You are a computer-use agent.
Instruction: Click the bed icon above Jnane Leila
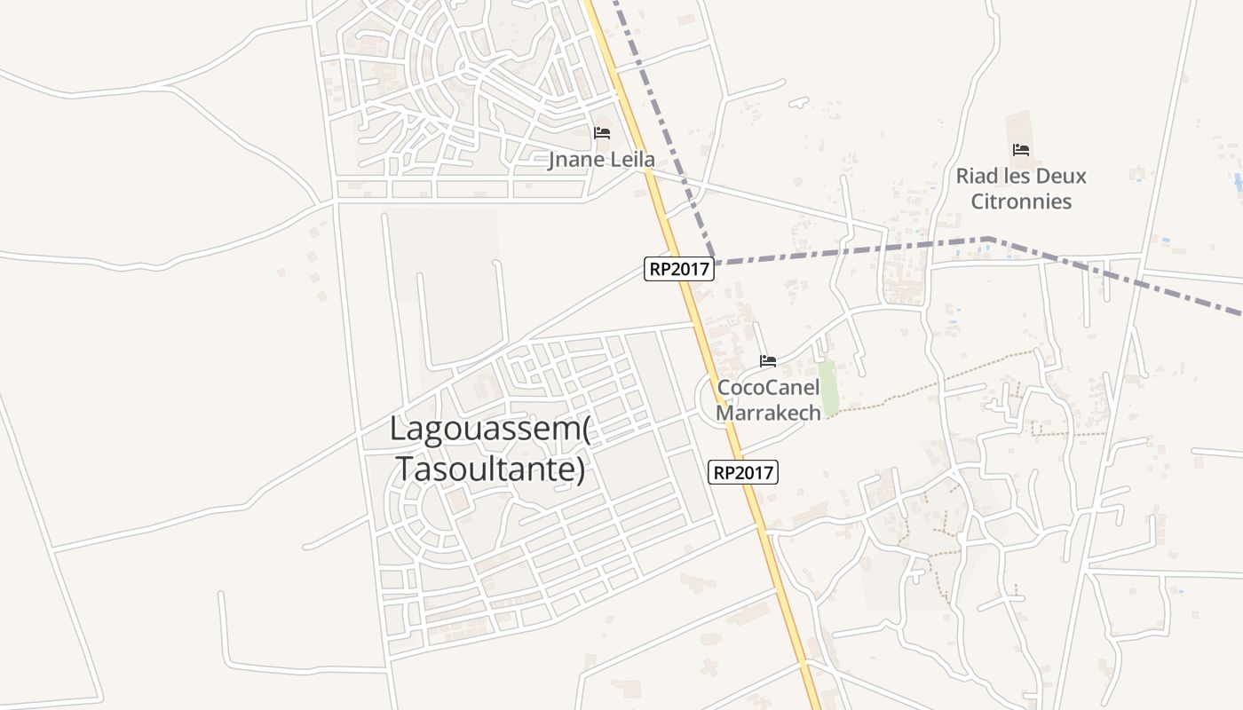(x=602, y=133)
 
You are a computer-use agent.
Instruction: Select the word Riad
(x=975, y=176)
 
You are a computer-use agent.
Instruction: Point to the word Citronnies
(x=1021, y=201)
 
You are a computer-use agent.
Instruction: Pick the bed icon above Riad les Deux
(x=1021, y=150)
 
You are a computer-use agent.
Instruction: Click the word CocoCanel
(x=768, y=387)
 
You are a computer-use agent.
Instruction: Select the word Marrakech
(x=768, y=413)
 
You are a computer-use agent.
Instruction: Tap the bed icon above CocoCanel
(x=768, y=360)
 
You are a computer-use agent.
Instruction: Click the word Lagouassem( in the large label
(x=490, y=430)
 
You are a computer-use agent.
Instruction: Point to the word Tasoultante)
(x=490, y=469)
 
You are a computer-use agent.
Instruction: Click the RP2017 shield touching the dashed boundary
(x=679, y=269)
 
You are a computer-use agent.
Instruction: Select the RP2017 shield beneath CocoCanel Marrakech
(x=743, y=472)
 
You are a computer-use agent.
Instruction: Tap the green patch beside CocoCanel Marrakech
(x=828, y=388)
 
